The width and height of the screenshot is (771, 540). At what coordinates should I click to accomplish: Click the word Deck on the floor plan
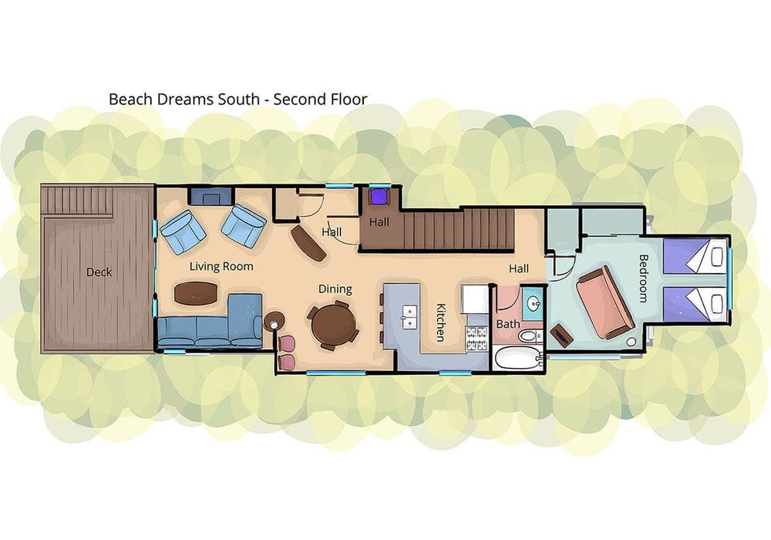(x=99, y=272)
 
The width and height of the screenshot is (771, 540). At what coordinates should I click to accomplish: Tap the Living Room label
(x=221, y=267)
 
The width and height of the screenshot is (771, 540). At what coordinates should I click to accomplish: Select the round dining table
(x=335, y=324)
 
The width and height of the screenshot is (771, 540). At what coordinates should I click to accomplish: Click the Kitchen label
(x=440, y=322)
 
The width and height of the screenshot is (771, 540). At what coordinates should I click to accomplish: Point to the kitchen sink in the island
(x=409, y=317)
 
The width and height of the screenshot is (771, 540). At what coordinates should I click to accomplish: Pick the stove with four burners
(x=476, y=339)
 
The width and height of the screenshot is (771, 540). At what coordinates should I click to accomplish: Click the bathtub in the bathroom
(x=517, y=358)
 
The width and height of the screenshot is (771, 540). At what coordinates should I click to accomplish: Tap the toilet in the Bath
(x=530, y=336)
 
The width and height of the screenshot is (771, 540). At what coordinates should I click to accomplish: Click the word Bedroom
(x=643, y=278)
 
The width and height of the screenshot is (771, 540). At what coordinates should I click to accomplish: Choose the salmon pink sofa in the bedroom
(x=604, y=302)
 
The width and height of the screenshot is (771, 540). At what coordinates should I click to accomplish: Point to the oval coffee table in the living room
(x=196, y=293)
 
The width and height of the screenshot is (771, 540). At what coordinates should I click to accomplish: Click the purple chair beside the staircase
(x=379, y=196)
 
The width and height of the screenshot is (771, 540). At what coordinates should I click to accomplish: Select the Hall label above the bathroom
(x=519, y=268)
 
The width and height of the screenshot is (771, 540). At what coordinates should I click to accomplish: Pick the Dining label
(x=335, y=289)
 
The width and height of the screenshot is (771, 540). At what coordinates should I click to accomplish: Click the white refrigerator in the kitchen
(x=475, y=299)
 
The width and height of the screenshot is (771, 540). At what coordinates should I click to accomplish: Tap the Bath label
(x=508, y=324)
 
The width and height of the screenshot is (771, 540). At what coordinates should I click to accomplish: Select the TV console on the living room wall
(x=210, y=197)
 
